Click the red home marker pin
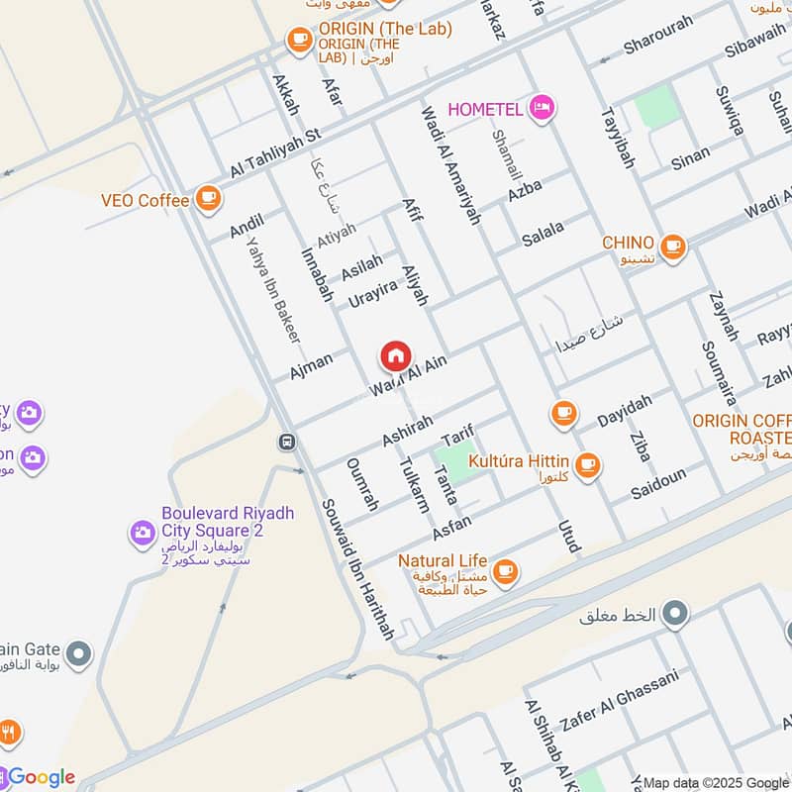point(395,356)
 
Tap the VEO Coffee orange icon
point(207,200)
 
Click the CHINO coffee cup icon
point(673,245)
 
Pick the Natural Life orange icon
point(505,569)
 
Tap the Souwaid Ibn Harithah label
point(357,568)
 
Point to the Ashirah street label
point(407,429)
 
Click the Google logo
point(40,777)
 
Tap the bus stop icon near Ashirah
point(287,442)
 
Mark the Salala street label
point(543,234)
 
